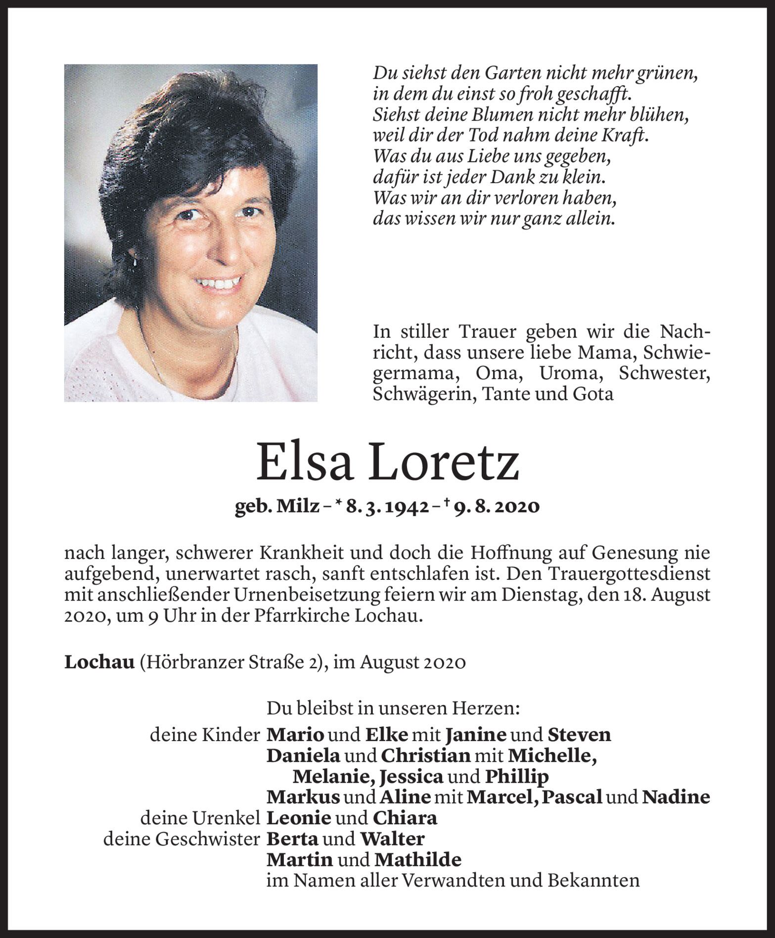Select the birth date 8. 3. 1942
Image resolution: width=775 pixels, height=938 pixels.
(x=387, y=507)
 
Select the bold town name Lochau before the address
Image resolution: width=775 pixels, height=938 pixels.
(x=99, y=662)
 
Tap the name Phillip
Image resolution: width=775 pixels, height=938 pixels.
(x=517, y=777)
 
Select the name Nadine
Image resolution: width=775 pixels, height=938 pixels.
(x=676, y=797)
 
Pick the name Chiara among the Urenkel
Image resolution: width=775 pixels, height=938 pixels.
(x=405, y=818)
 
